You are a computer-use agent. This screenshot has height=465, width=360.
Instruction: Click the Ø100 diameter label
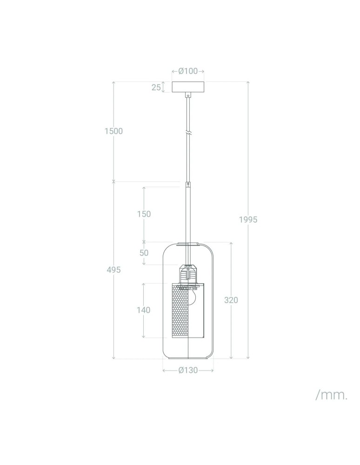pyautogui.click(x=188, y=71)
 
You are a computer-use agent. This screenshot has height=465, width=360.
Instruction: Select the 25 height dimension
pyautogui.click(x=156, y=87)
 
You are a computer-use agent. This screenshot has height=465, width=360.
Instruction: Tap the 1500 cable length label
pyautogui.click(x=113, y=131)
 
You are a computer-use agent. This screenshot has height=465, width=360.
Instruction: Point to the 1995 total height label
pyautogui.click(x=248, y=219)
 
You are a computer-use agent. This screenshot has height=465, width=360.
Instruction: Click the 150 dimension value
pyautogui.click(x=144, y=214)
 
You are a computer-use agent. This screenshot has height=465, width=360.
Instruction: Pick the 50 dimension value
pyautogui.click(x=144, y=253)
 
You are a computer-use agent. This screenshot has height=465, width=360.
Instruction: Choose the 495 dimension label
pyautogui.click(x=114, y=270)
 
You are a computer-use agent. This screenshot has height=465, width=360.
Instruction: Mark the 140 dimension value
pyautogui.click(x=144, y=310)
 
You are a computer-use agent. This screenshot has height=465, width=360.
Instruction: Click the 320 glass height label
pyautogui.click(x=231, y=300)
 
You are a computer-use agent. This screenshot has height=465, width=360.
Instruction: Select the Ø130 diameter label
pyautogui.click(x=188, y=371)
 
